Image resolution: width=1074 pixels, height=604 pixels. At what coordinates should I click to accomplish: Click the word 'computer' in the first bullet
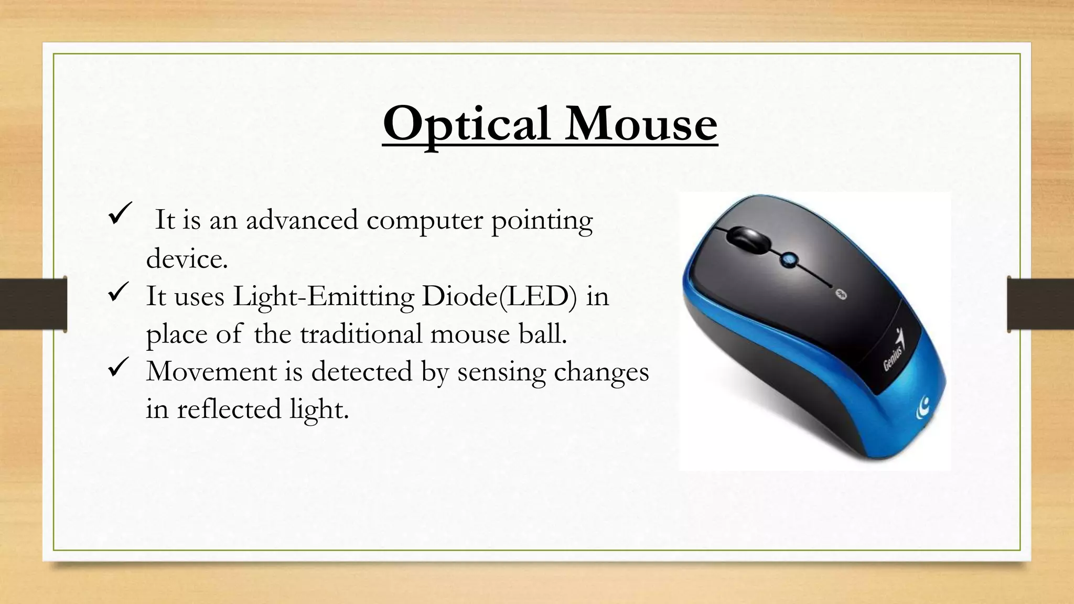click(x=424, y=220)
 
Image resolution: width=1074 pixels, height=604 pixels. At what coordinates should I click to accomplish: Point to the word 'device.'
click(x=187, y=258)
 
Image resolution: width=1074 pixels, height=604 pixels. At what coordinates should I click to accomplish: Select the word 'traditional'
click(x=361, y=334)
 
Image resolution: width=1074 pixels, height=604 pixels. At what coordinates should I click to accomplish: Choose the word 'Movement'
click(x=211, y=372)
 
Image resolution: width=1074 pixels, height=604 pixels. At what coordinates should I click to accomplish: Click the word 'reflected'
click(x=229, y=409)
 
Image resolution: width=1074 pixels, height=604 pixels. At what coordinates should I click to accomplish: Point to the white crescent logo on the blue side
click(x=923, y=407)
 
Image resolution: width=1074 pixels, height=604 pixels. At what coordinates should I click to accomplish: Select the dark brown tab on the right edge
click(x=1040, y=304)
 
